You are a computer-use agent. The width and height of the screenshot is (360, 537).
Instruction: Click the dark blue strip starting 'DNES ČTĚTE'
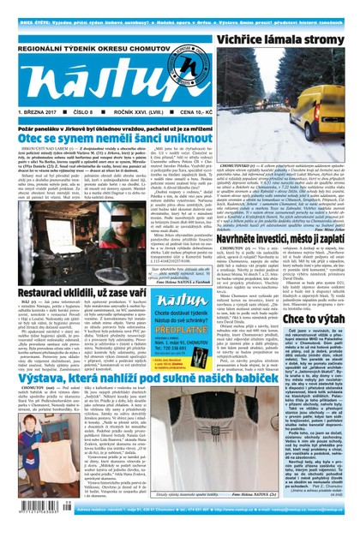180,6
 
